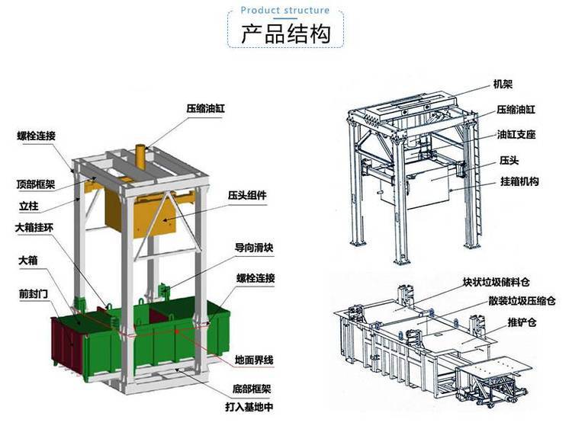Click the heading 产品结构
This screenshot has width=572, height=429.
pos(286,34)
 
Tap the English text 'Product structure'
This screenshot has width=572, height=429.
pos(285,10)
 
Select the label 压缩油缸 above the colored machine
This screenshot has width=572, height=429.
pos(205,109)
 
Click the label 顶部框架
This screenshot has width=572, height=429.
pos(35,184)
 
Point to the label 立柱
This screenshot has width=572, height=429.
pos(28,206)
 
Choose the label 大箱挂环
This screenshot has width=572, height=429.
pos(34,228)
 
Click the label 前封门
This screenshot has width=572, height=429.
pos(34,294)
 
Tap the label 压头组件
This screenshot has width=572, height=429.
pos(247,195)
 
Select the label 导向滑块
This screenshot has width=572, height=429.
pos(254,248)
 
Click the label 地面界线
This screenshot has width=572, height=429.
pos(254,360)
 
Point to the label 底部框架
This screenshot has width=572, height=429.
pos(252,389)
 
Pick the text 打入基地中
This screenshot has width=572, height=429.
pos(249,407)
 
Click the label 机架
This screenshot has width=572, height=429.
pos(503,85)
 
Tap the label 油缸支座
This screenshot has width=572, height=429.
pos(516,135)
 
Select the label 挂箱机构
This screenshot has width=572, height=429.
pos(519,181)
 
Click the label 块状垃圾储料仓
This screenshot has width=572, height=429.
pos(496,282)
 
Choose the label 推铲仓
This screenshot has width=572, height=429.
pos(522,322)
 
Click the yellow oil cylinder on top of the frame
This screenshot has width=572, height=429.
pos(140,157)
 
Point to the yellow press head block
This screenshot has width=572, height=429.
pos(140,215)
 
